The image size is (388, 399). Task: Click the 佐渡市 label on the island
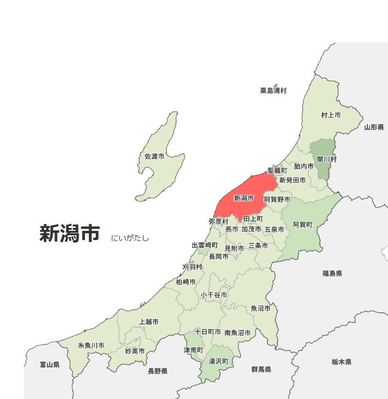pos(154,156)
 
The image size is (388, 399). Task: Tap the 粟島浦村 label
pos(273,90)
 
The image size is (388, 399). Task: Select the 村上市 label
pos(331,115)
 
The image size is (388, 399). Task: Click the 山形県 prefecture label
pos(374,127)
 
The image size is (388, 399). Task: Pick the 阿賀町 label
pos(302,225)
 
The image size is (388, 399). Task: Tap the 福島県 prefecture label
pos(332,274)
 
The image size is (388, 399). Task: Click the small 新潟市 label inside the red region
pos(244,198)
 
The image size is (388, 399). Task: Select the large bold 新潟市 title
pos(70,234)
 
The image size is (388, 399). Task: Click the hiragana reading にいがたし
pos(130,238)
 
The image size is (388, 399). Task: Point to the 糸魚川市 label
pos(91,346)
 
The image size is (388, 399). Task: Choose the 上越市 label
pos(148,322)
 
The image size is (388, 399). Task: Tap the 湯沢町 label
pos(218,361)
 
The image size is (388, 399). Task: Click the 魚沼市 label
pos(261,308)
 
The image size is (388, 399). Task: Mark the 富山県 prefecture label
pos(50,364)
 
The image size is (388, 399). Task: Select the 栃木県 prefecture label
pos(341,362)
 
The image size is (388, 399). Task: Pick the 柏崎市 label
pos(186,282)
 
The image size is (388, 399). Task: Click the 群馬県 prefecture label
pos(261,369)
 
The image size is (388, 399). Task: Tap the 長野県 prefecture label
pos(158,371)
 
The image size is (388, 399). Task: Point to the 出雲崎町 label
pos(205,245)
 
